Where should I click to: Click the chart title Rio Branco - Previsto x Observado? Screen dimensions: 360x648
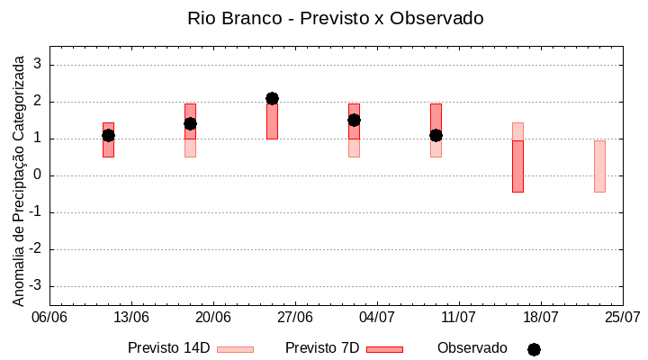323,18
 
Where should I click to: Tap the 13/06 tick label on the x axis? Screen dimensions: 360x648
131,318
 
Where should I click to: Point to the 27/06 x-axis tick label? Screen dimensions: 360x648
295,318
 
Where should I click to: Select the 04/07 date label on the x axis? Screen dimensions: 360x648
377,318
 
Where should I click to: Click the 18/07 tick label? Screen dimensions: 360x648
541,318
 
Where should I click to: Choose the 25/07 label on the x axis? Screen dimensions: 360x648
623,318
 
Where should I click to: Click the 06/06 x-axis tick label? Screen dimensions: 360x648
49,318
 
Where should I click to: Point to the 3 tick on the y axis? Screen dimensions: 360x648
39,65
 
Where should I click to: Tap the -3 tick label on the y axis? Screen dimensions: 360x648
37,286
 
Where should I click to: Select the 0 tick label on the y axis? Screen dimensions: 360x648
39,175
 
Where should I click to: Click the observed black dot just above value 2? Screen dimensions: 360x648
272,98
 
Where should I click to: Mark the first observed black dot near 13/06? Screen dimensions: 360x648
108,135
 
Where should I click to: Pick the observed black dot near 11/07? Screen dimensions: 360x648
436,135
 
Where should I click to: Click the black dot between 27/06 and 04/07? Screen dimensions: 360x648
354,120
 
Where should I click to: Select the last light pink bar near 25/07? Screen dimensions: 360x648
599,166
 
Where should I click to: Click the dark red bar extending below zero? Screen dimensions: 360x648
517,166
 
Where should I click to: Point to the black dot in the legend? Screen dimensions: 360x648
534,349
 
